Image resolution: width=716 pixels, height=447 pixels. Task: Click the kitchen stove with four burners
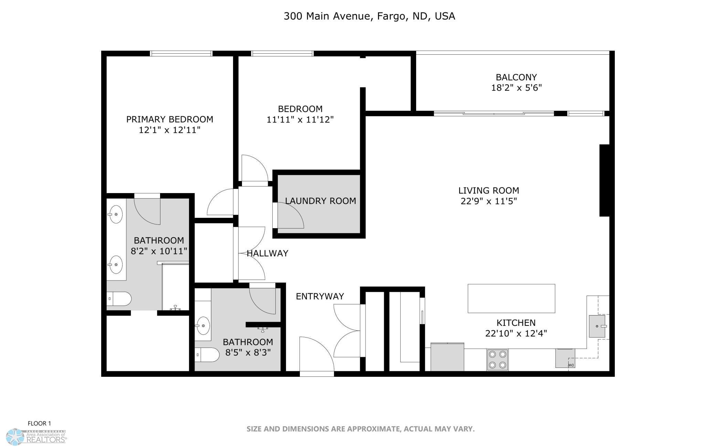(497, 360)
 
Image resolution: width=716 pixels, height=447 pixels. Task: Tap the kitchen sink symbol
(597, 326)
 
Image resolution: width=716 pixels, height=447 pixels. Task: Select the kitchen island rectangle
(511, 298)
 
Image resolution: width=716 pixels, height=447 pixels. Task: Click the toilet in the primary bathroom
(119, 299)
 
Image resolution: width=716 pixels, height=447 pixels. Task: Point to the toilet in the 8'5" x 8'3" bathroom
(207, 355)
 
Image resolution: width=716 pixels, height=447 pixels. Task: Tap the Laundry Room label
(320, 201)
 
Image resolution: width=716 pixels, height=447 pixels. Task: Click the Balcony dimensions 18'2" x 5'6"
(516, 88)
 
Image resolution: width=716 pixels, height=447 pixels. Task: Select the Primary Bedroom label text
(170, 119)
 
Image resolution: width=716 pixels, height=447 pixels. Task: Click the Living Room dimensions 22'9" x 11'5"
(489, 201)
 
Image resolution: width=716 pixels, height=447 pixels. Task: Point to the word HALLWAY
(267, 253)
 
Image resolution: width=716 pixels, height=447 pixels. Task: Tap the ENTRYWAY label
(320, 296)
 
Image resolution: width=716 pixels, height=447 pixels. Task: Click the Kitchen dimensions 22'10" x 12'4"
(516, 333)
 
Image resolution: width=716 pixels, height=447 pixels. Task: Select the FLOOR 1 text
(39, 424)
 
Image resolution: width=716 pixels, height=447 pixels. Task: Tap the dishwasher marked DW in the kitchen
(565, 358)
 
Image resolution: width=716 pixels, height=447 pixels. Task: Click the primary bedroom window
(181, 53)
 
